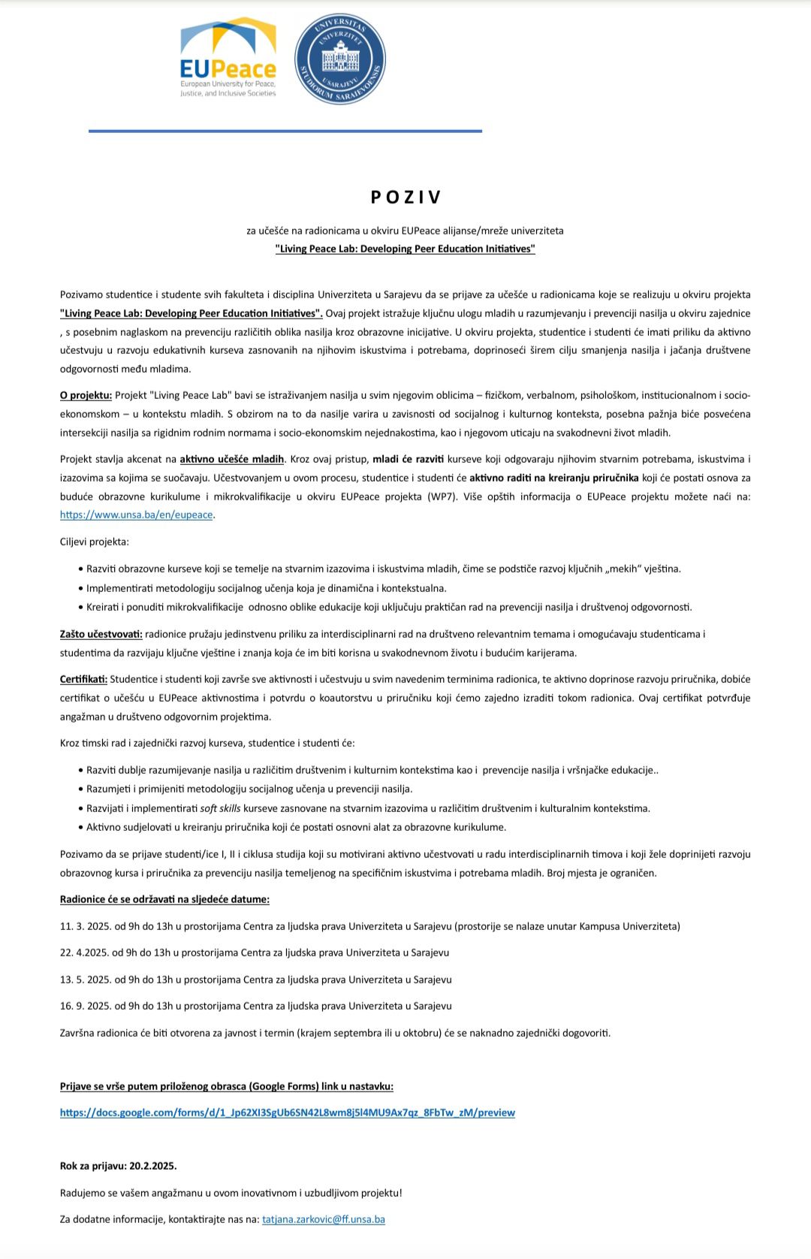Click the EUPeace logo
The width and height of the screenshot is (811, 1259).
pyautogui.click(x=228, y=58)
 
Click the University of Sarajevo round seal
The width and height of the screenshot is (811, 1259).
pyautogui.click(x=340, y=59)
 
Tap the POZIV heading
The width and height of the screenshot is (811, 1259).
pyautogui.click(x=405, y=197)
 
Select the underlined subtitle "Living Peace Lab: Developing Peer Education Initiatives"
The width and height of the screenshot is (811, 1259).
pyautogui.click(x=405, y=249)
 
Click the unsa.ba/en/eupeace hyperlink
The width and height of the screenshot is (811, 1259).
pyautogui.click(x=137, y=515)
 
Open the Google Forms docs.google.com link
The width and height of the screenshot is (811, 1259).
pyautogui.click(x=288, y=1113)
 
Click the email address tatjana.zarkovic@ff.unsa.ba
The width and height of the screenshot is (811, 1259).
pyautogui.click(x=324, y=1219)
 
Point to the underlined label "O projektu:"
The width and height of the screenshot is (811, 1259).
pyautogui.click(x=86, y=395)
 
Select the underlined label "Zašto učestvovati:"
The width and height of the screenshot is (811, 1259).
pyautogui.click(x=101, y=634)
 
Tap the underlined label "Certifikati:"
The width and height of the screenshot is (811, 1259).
pyautogui.click(x=83, y=679)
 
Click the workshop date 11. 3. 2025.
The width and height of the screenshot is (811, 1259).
pyautogui.click(x=85, y=926)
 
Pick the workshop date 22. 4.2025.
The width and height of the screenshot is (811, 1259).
pyautogui.click(x=84, y=953)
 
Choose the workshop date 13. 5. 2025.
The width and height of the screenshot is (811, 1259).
pyautogui.click(x=85, y=980)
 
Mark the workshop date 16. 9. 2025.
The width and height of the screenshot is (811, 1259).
pyautogui.click(x=85, y=1006)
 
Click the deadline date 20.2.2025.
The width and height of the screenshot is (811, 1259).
pyautogui.click(x=152, y=1166)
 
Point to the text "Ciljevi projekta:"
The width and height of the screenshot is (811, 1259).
pyautogui.click(x=95, y=542)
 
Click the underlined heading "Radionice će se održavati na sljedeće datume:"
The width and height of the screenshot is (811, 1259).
pyautogui.click(x=164, y=899)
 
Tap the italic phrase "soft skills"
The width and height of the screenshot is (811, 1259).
pyautogui.click(x=220, y=808)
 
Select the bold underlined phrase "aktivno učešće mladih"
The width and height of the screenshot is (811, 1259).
pyautogui.click(x=232, y=459)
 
